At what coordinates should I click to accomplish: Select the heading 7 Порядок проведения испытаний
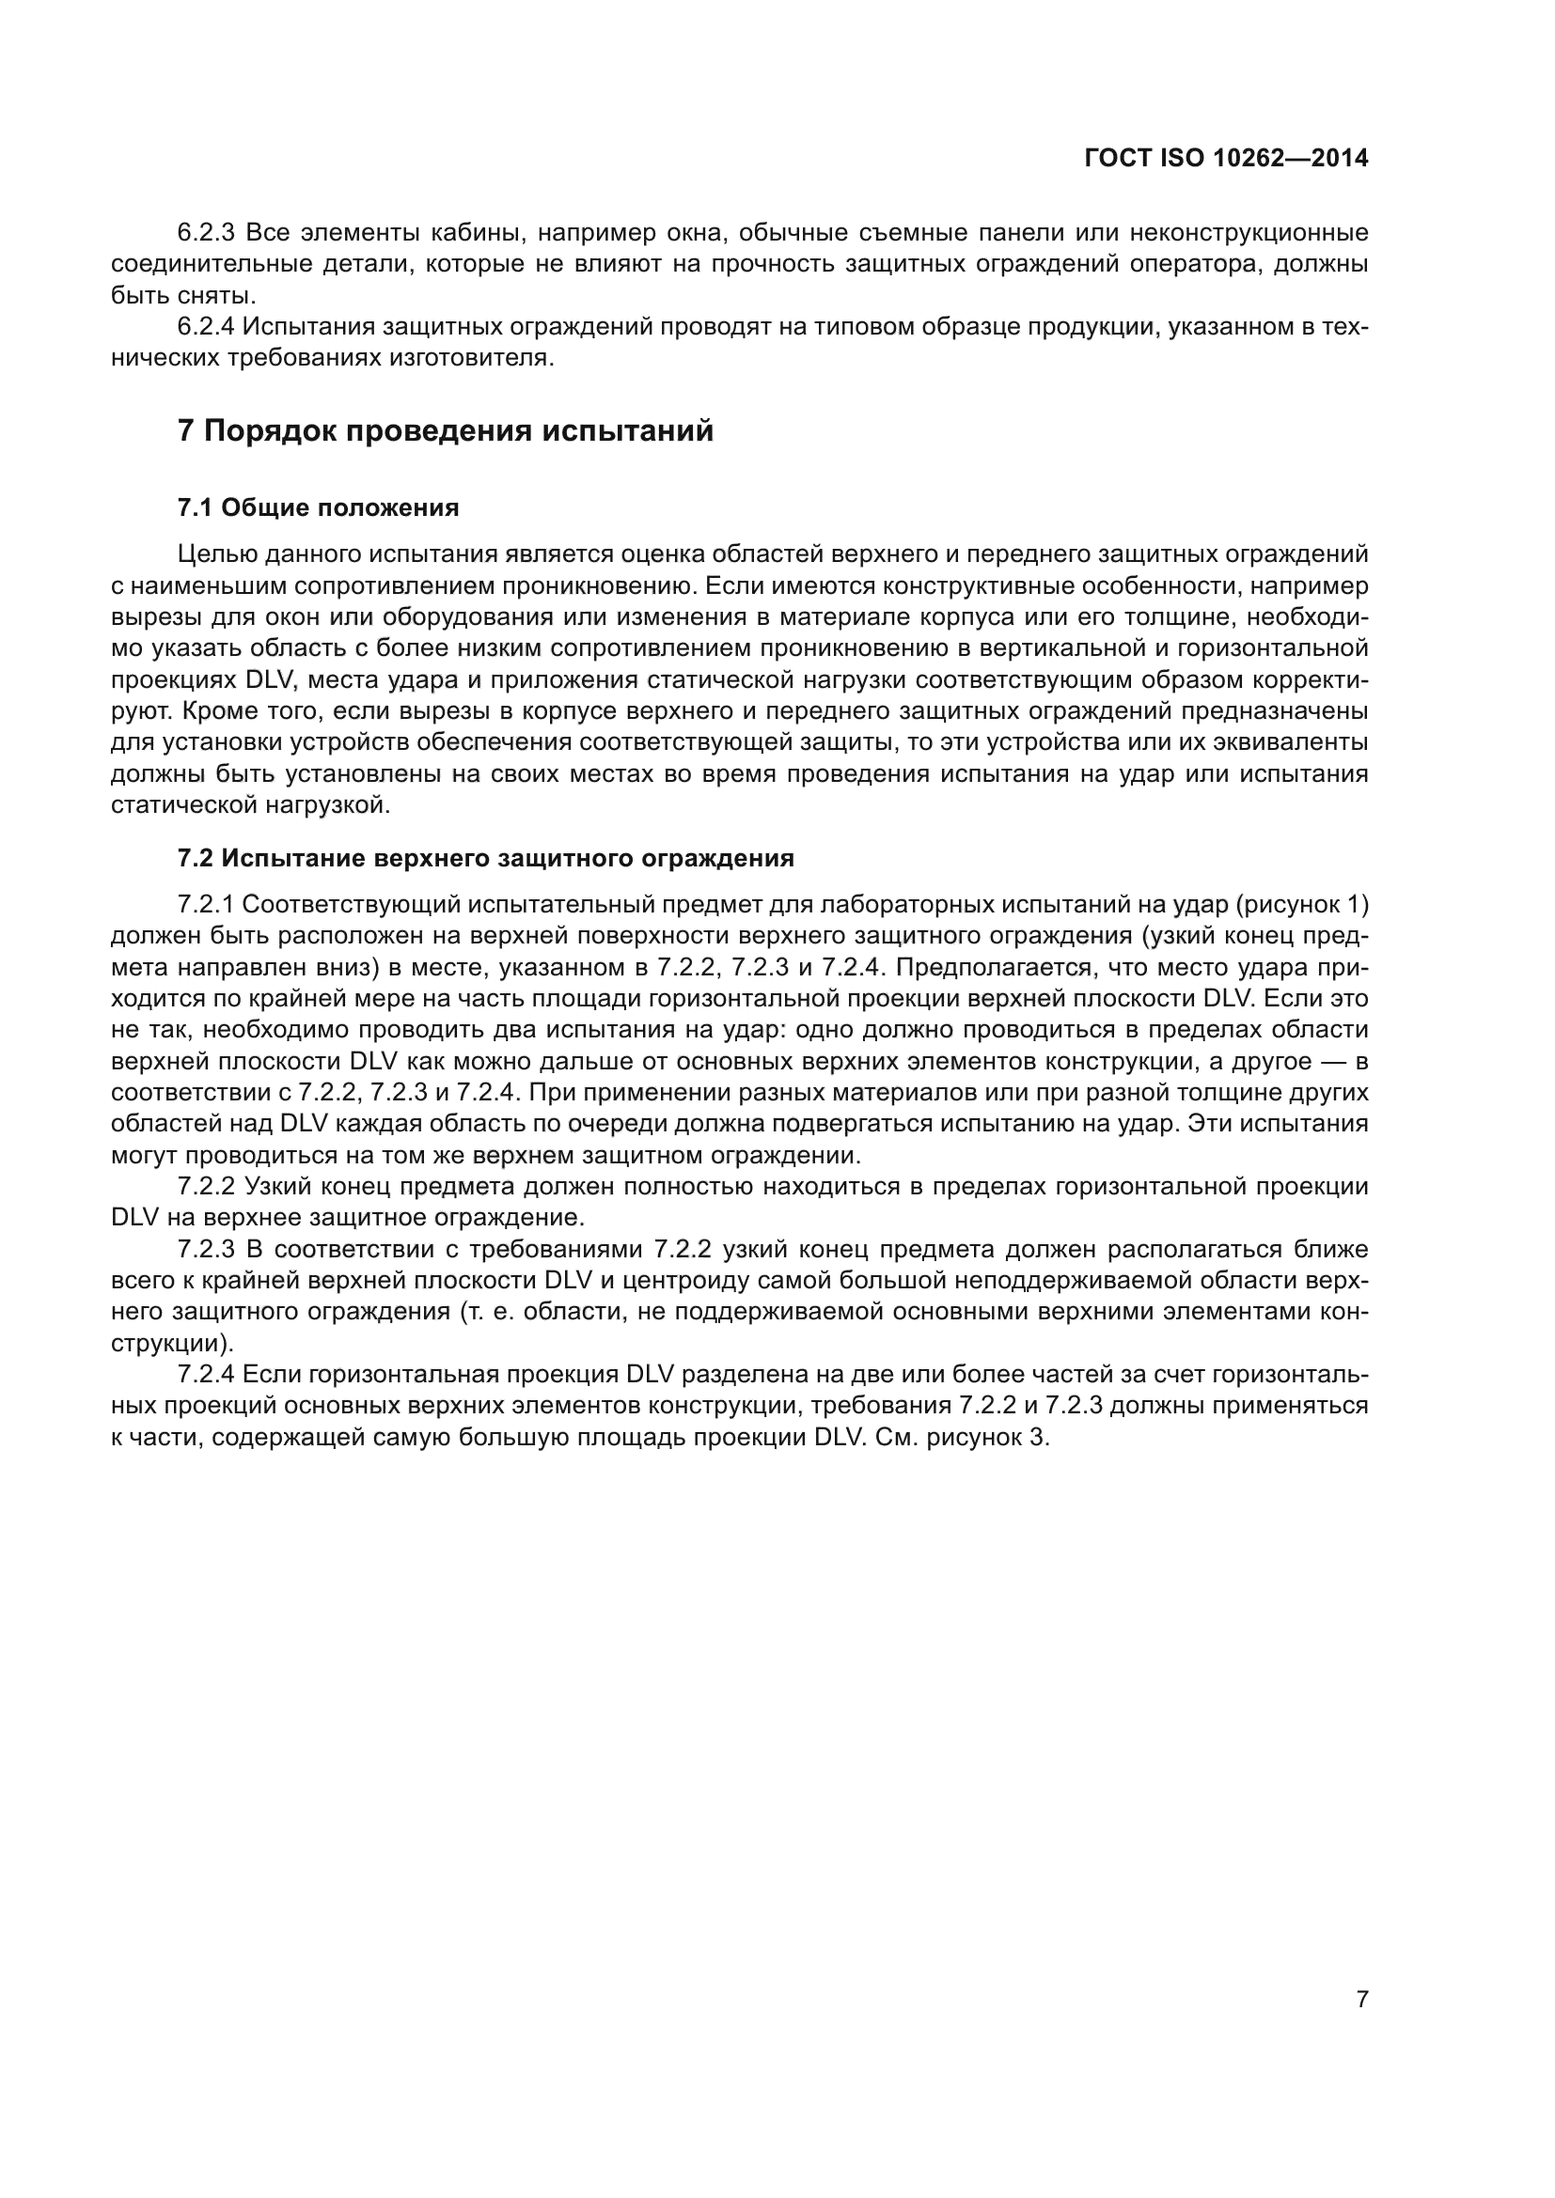(x=446, y=431)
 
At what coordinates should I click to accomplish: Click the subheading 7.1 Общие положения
(x=318, y=508)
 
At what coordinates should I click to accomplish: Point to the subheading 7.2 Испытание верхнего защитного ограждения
(x=485, y=859)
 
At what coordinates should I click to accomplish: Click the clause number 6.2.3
(x=206, y=233)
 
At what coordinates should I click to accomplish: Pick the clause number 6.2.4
(x=206, y=327)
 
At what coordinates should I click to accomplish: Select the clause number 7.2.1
(x=206, y=905)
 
